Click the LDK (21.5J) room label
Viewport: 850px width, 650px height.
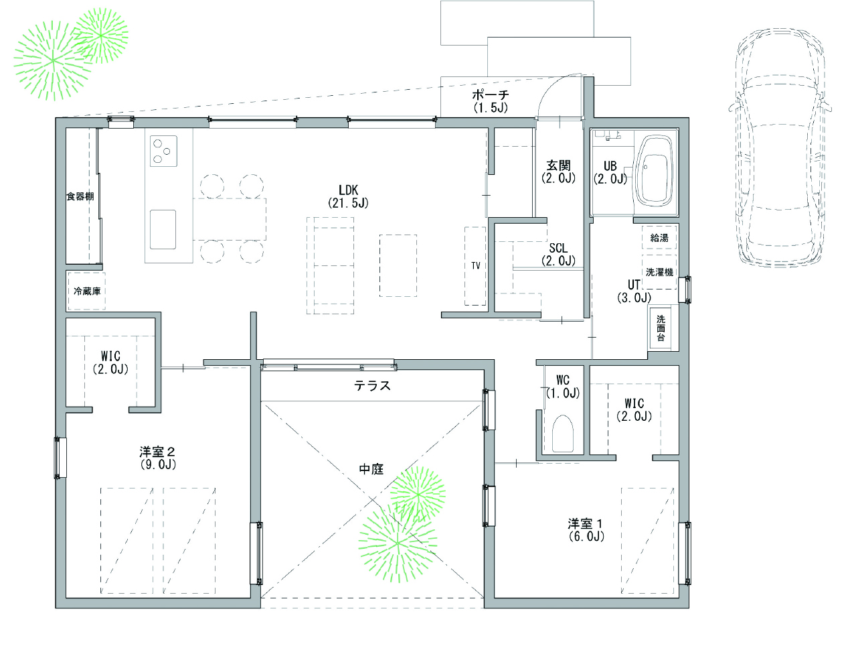(348, 196)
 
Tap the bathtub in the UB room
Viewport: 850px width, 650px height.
(655, 172)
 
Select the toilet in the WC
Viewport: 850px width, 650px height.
(563, 434)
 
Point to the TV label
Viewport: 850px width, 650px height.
(476, 265)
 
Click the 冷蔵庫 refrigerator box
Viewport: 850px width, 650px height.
(87, 291)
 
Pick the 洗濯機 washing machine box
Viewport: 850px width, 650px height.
(659, 271)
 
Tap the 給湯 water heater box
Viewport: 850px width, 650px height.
(659, 237)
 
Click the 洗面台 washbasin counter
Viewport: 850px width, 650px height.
(661, 328)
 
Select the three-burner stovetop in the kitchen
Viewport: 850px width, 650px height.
(163, 151)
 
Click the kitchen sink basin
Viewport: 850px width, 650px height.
(163, 229)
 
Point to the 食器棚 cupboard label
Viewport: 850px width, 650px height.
(80, 196)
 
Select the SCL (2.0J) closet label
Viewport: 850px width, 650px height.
(558, 254)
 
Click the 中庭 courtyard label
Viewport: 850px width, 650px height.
(371, 469)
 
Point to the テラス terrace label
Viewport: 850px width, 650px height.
(372, 386)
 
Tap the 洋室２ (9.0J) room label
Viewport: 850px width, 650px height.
(157, 458)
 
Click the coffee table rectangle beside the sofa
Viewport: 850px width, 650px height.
(398, 265)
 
